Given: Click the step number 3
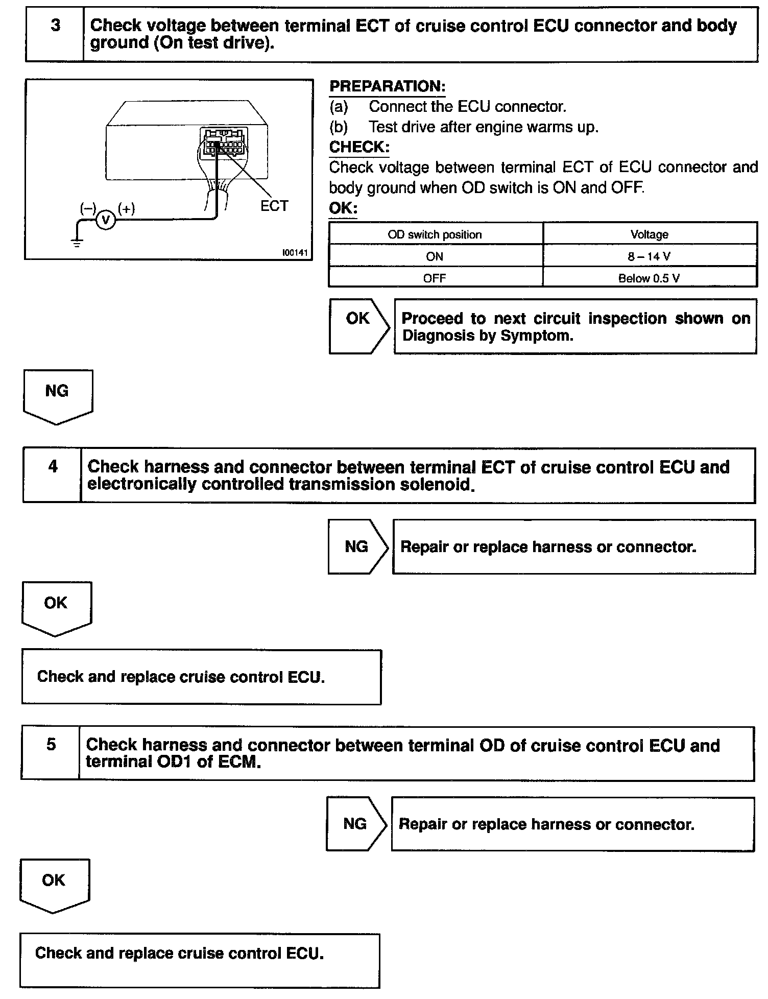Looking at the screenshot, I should point(55,26).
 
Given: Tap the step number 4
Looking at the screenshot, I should point(53,466).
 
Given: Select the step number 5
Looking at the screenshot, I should point(51,744).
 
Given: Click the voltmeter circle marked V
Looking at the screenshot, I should point(106,220).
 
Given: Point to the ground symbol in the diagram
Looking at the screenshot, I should point(77,242).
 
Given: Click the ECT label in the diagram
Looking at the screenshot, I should point(274,206).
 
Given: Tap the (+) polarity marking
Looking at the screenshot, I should point(126,208).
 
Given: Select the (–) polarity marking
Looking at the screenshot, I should point(88,208).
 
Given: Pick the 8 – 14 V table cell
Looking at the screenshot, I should point(649,256).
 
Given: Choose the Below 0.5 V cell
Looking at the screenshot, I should point(649,278).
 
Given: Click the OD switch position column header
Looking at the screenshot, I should point(435,234).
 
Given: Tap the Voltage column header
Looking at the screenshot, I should point(649,234).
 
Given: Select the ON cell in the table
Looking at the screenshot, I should point(435,256).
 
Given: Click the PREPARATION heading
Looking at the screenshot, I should point(387,86).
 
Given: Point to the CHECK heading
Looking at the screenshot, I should point(359,147).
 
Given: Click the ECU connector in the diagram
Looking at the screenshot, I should point(224,141).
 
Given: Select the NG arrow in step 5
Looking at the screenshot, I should point(355,824).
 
